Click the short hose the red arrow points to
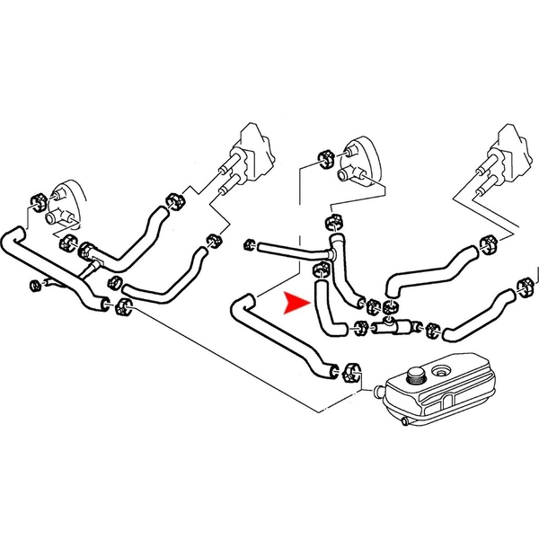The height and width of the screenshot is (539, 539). [x=326, y=310]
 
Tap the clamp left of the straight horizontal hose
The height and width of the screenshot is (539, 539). [x=250, y=243]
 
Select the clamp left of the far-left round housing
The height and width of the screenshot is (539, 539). [x=38, y=198]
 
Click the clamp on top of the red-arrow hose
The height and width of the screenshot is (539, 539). [x=318, y=269]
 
